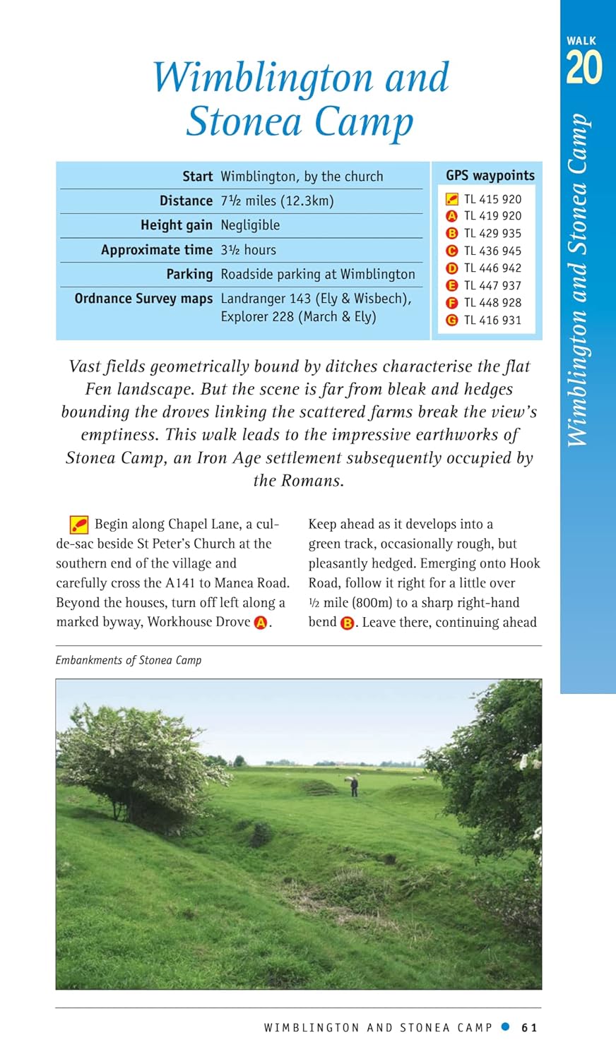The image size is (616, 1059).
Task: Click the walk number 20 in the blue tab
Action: click(x=584, y=68)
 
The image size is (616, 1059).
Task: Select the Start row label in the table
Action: click(x=197, y=176)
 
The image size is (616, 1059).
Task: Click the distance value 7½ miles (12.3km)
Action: click(x=277, y=201)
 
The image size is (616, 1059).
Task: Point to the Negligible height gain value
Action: click(x=250, y=225)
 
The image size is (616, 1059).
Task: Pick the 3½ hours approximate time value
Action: click(x=248, y=250)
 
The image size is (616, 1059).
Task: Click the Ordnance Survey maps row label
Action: click(x=143, y=299)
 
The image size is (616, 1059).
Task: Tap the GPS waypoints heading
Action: click(x=490, y=176)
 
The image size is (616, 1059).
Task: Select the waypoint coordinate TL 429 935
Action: click(x=492, y=234)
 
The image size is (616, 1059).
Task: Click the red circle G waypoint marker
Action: click(x=452, y=320)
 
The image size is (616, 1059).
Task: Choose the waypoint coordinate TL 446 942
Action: click(x=492, y=268)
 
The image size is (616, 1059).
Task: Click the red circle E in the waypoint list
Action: click(x=452, y=285)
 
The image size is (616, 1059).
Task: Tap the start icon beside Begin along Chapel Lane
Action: click(x=79, y=525)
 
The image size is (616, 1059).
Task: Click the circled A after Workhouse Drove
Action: click(x=261, y=623)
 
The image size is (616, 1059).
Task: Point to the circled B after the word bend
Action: click(x=347, y=623)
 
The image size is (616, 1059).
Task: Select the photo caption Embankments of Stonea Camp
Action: click(x=129, y=660)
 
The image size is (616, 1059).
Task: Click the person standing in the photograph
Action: click(x=355, y=786)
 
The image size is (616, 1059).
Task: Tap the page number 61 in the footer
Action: click(x=529, y=1028)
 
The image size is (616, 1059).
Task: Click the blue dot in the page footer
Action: click(x=505, y=1027)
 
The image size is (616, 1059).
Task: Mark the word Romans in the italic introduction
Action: click(x=312, y=481)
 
